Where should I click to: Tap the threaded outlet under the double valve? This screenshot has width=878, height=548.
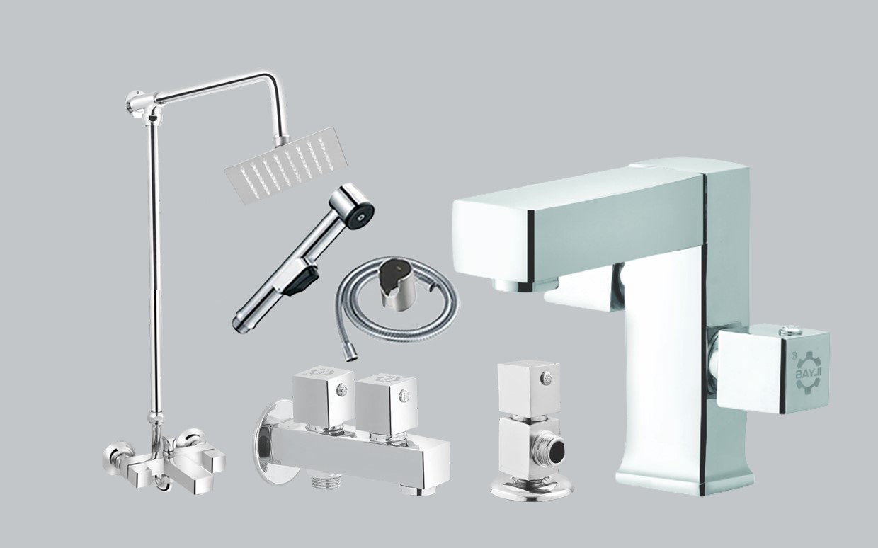click(326, 483)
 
